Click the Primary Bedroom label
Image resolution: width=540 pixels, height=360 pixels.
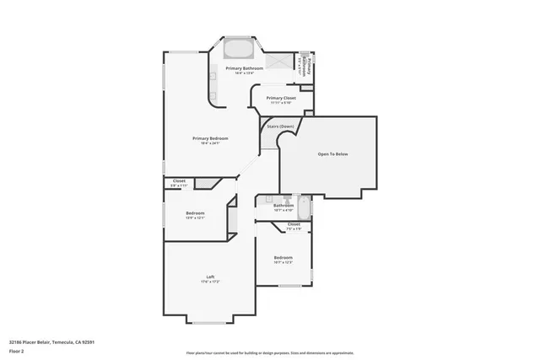click(x=210, y=138)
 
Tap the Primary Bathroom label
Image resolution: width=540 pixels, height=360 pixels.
click(x=244, y=67)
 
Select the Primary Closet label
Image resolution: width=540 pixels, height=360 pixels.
click(x=281, y=98)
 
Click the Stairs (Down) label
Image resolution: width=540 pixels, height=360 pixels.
click(x=281, y=127)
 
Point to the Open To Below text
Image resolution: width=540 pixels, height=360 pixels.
click(x=332, y=154)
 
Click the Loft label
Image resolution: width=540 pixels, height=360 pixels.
click(x=210, y=277)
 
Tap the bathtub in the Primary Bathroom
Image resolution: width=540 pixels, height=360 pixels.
click(x=236, y=47)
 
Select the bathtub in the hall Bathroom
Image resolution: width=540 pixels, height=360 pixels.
click(x=305, y=205)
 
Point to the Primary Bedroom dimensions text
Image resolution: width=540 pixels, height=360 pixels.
click(x=210, y=143)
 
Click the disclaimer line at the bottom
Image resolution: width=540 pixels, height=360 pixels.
click(x=270, y=352)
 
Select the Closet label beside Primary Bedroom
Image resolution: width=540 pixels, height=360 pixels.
click(x=179, y=180)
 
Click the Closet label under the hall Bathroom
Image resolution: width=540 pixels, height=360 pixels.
click(x=294, y=224)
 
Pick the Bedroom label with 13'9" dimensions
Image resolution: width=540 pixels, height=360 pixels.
click(x=195, y=213)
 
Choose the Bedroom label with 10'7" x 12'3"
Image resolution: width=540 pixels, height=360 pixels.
click(x=283, y=257)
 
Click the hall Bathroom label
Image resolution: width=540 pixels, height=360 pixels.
click(x=283, y=205)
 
